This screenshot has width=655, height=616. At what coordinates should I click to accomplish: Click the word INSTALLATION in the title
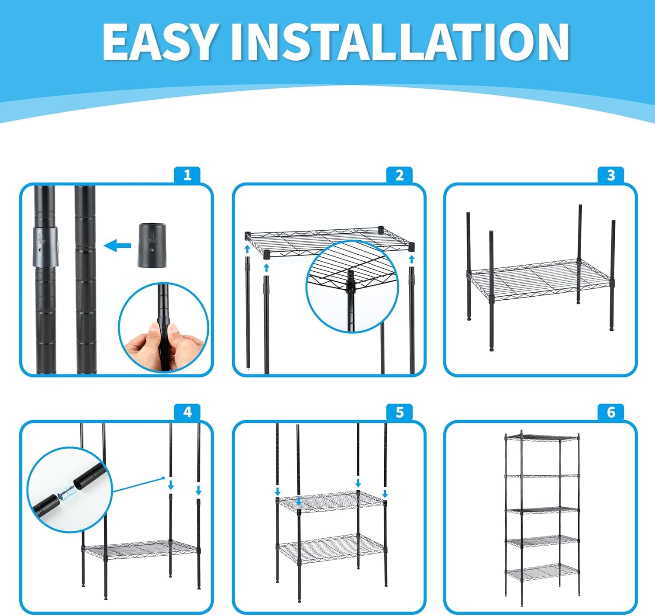401,42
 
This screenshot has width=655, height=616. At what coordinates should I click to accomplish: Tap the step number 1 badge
187,175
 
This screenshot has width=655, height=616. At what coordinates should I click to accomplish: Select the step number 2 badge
400,175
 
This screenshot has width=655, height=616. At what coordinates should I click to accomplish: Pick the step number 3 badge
611,175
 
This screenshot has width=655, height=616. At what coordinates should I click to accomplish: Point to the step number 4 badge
187,412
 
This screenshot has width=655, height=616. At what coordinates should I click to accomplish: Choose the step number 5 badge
400,412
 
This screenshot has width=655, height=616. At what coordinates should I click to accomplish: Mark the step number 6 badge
611,412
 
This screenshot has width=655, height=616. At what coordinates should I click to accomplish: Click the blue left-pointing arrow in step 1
117,245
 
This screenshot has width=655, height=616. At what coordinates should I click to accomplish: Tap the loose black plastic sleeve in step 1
152,245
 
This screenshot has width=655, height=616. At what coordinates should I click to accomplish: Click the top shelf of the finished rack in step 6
542,438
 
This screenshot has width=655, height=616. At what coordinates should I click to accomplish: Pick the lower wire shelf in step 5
331,549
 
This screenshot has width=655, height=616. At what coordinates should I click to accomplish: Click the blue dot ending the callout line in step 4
163,478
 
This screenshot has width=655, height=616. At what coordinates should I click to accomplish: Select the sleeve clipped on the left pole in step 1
45,246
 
